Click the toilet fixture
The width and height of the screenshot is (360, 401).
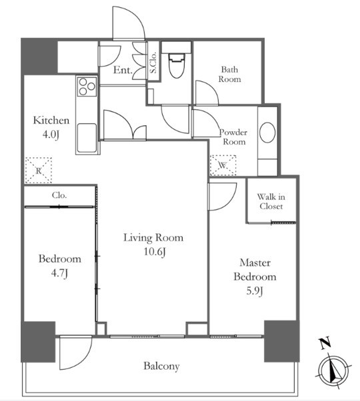coord(176,65)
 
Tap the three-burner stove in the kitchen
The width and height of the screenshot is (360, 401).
coord(87,86)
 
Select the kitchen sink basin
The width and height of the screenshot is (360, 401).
coord(87,138)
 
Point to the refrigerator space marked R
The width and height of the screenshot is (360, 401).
coord(39,171)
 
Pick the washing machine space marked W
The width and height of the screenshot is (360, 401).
coord(223,165)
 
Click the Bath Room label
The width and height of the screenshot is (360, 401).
coord(229,74)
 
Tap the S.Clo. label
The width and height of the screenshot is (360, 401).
coord(153,63)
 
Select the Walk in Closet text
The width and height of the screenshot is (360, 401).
coord(271,202)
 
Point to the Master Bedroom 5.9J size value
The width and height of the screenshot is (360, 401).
coord(255,291)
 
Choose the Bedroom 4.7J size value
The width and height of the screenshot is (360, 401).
coord(59,274)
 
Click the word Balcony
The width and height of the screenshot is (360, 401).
coord(161,366)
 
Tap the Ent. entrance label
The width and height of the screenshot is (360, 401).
coord(123,70)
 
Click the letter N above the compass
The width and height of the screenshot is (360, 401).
coord(325,343)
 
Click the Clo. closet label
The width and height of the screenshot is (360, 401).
coord(59,195)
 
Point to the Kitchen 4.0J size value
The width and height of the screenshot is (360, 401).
coord(51,134)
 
